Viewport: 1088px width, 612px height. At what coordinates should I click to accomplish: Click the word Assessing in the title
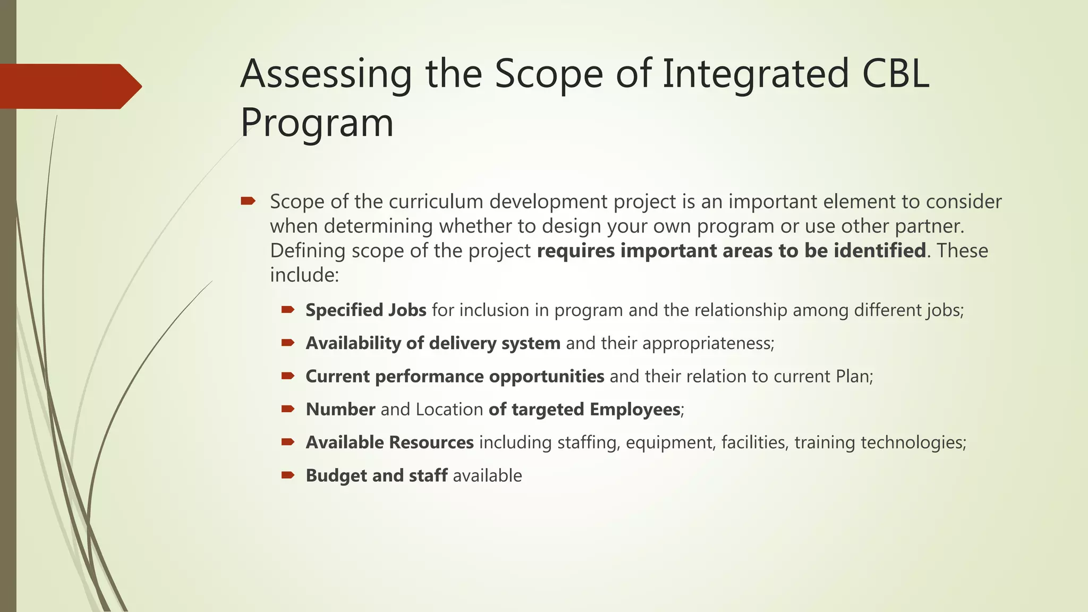coord(326,74)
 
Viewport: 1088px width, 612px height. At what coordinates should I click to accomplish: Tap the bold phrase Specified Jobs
coord(365,310)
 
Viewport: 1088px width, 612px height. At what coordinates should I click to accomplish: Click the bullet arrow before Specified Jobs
coord(288,310)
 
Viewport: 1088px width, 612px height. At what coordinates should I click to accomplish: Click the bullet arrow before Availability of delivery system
coord(288,343)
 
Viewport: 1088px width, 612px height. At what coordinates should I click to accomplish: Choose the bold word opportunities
coord(546,377)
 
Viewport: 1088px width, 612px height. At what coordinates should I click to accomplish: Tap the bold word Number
coord(341,410)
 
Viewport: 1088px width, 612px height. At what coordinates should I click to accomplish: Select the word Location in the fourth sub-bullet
coord(449,410)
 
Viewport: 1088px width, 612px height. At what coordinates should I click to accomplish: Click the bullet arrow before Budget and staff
coord(288,475)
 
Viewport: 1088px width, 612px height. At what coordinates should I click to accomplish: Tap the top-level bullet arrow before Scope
coord(248,201)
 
